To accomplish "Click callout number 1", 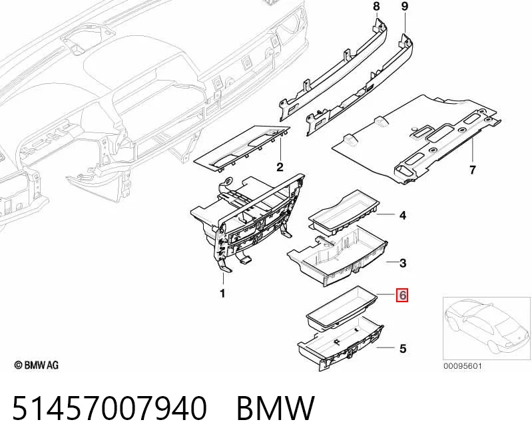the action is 222,294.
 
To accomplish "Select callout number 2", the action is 280,167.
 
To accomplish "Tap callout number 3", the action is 403,263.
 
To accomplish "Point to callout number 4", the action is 403,215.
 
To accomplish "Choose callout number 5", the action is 403,348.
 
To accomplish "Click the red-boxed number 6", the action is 402,295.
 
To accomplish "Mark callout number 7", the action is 473,170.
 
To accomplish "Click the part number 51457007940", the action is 110,408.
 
